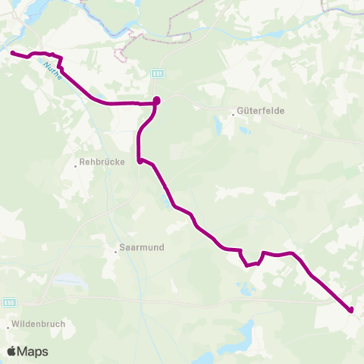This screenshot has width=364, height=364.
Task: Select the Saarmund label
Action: [x=142, y=247]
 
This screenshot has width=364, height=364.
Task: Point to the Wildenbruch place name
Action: [x=39, y=323]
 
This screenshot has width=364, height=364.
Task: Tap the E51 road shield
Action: [x=156, y=74]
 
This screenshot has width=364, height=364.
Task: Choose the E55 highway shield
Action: [x=7, y=301]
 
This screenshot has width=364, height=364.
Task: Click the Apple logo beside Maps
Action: [x=11, y=351]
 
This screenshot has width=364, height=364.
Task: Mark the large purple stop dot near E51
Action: [x=157, y=100]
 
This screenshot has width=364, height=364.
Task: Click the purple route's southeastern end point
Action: [x=351, y=309]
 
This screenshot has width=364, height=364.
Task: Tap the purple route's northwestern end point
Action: [x=12, y=52]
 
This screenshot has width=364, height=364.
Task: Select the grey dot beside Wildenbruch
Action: [x=8, y=327]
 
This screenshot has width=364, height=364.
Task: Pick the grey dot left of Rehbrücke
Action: [x=77, y=162]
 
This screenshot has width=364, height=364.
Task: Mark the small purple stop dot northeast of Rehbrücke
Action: [x=140, y=160]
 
